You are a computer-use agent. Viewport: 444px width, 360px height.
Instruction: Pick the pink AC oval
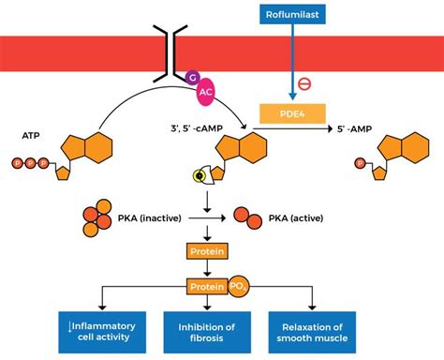[207, 94]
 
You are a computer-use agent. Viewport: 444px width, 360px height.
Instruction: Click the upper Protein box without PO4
[206, 252]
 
